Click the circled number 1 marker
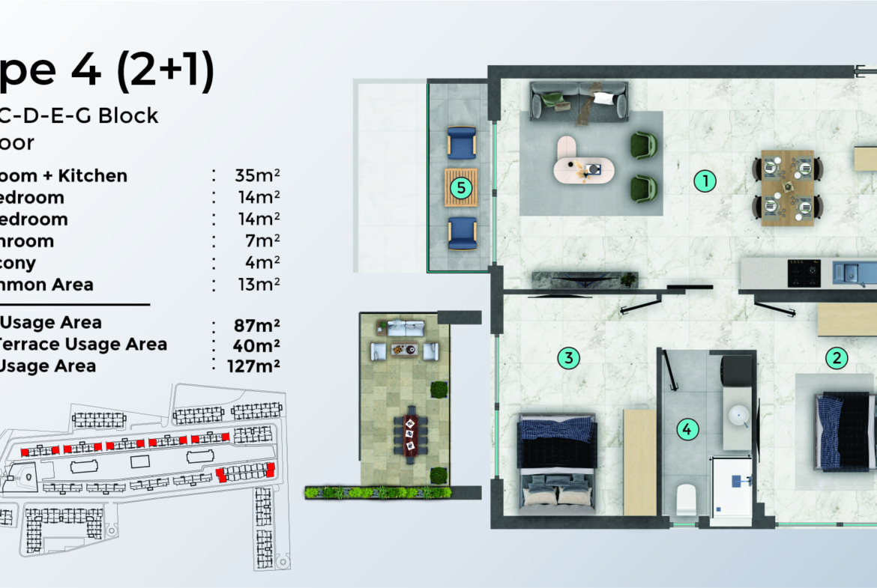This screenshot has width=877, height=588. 705,180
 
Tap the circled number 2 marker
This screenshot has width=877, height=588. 837,358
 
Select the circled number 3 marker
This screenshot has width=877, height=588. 569,358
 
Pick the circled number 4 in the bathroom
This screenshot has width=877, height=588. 687,430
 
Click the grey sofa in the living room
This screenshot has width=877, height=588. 578,101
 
